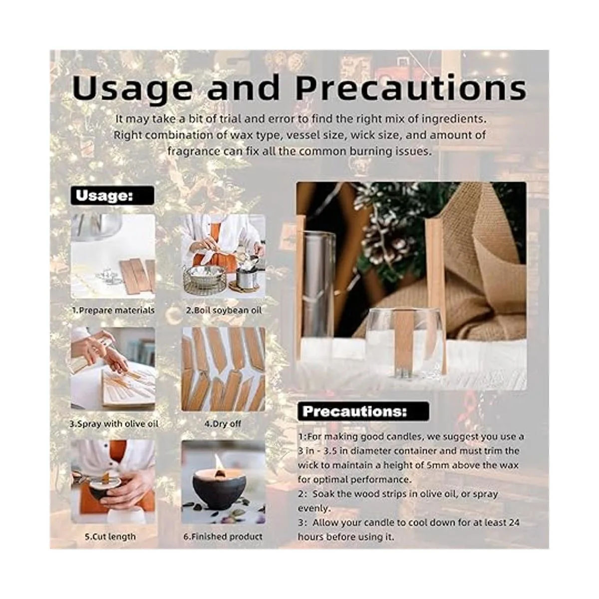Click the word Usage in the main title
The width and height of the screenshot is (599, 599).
click(132, 88)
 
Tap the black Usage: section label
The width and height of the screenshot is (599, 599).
click(112, 196)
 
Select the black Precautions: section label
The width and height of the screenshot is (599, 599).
click(363, 411)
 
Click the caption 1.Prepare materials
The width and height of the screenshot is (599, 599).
click(113, 310)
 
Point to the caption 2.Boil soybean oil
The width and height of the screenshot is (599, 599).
click(224, 310)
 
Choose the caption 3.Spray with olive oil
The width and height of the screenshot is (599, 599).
click(114, 424)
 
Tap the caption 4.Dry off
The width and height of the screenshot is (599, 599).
click(223, 424)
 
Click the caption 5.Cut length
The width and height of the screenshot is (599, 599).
click(110, 537)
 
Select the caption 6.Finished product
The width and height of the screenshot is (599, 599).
click(223, 537)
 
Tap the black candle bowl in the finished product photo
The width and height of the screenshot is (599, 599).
click(218, 488)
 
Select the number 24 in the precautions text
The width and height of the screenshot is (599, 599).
click(514, 523)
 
